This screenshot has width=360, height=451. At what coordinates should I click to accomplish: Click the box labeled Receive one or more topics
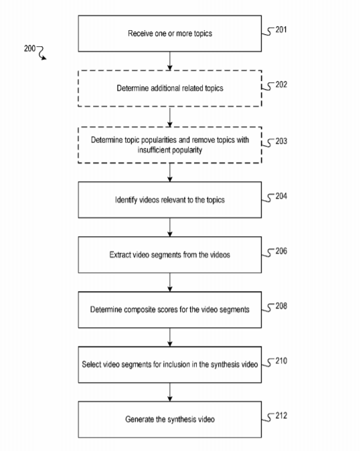(x=170, y=33)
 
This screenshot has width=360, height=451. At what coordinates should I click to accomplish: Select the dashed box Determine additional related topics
(x=170, y=88)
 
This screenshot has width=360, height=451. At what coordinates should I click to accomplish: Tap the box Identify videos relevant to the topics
(x=170, y=199)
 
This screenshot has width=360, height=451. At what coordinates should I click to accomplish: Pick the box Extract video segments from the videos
(x=170, y=255)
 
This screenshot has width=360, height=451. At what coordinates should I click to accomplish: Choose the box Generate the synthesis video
(x=170, y=420)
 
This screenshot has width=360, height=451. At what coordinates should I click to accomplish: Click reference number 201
(x=281, y=29)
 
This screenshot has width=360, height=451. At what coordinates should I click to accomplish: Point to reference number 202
(x=281, y=84)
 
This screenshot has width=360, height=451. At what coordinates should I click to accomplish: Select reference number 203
(x=281, y=141)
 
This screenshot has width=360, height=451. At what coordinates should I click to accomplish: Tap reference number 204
(x=281, y=196)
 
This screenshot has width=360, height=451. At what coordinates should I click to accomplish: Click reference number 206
(x=281, y=251)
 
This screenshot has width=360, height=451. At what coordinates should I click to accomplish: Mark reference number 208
(x=281, y=306)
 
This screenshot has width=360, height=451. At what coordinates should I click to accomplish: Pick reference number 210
(x=281, y=361)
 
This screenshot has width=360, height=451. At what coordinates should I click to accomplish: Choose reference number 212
(x=281, y=416)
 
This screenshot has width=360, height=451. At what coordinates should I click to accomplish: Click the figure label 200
(x=29, y=48)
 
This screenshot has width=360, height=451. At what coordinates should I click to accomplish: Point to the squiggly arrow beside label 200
(x=41, y=53)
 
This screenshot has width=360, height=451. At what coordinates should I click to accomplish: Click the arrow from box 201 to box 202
(x=170, y=61)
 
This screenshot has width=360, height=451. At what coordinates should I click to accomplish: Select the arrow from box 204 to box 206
(x=170, y=228)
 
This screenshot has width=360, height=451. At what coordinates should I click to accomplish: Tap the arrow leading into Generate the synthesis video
(x=170, y=392)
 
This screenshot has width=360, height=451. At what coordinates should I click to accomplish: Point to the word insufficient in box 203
(x=154, y=150)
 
